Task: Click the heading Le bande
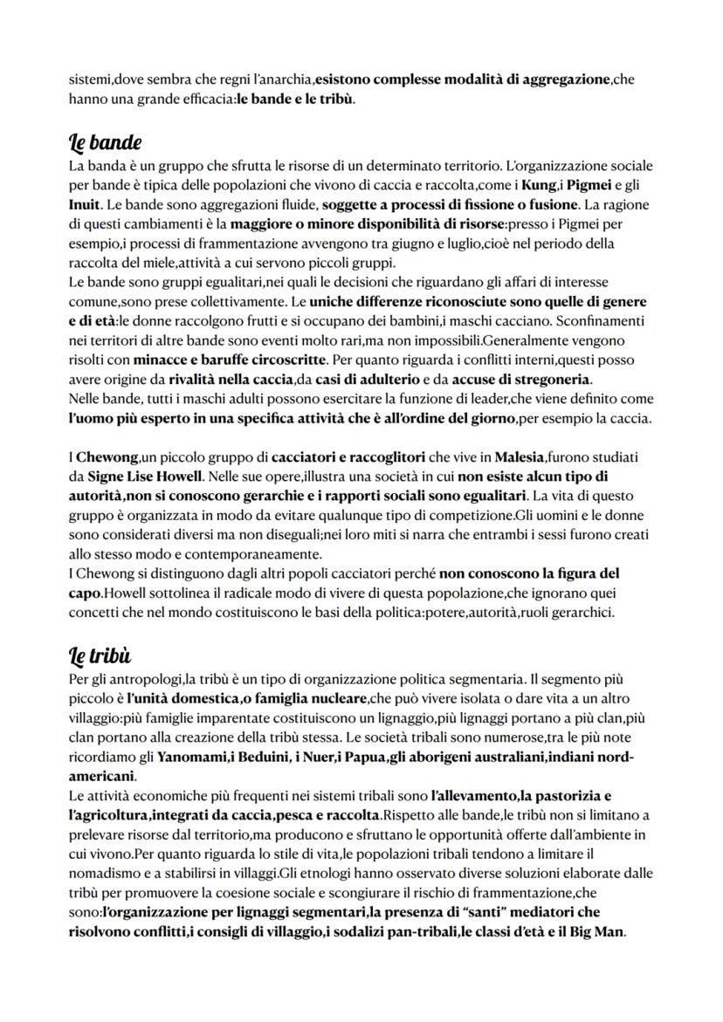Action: (x=105, y=141)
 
